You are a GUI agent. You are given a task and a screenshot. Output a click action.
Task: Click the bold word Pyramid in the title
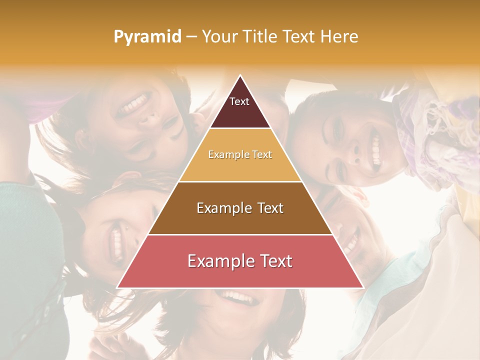point(147,37)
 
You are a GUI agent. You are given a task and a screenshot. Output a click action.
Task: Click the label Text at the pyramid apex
point(239,101)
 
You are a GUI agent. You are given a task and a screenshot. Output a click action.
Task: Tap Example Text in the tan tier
point(240,154)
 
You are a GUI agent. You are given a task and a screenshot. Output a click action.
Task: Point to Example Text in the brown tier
point(240,208)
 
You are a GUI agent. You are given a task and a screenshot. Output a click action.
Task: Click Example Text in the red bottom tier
point(240,261)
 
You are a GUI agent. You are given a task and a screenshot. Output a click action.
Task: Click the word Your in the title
point(218,36)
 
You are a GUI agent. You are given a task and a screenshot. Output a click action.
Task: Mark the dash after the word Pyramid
point(191,37)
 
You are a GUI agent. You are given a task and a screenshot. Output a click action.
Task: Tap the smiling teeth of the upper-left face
point(135,102)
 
